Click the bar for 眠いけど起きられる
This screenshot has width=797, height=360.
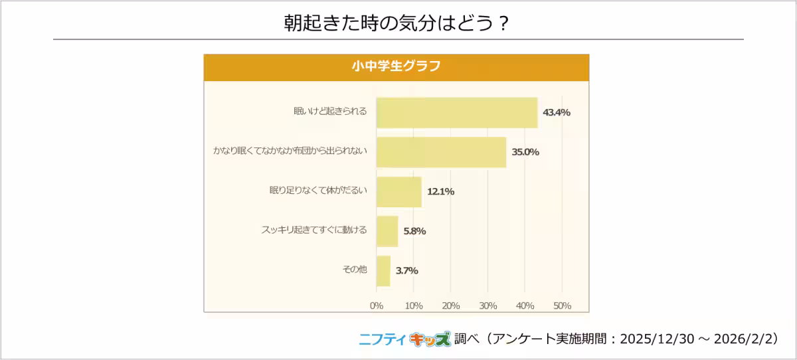[x=457, y=112]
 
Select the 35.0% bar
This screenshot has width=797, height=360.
[x=441, y=152]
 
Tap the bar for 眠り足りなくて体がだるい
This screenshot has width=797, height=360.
[x=398, y=192]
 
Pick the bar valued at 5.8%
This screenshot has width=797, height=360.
[x=387, y=231]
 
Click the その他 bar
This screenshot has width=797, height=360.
[x=383, y=271]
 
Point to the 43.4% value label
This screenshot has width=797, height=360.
[x=557, y=112]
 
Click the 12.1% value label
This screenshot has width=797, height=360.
[x=440, y=192]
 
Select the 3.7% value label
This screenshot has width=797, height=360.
[x=406, y=271]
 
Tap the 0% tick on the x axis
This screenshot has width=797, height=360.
[x=376, y=306]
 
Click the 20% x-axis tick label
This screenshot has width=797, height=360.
[x=450, y=306]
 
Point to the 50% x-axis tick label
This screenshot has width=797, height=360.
[x=562, y=306]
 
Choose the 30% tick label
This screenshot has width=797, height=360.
[x=487, y=306]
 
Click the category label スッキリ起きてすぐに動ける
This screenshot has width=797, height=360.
[x=314, y=231]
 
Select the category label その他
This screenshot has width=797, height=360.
[x=354, y=271]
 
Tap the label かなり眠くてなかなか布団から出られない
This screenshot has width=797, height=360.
[x=290, y=152]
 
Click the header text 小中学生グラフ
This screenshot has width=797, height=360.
[x=396, y=66]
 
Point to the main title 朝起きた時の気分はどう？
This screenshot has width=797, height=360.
[x=397, y=22]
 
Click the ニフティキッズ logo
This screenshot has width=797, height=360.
[x=404, y=339]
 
